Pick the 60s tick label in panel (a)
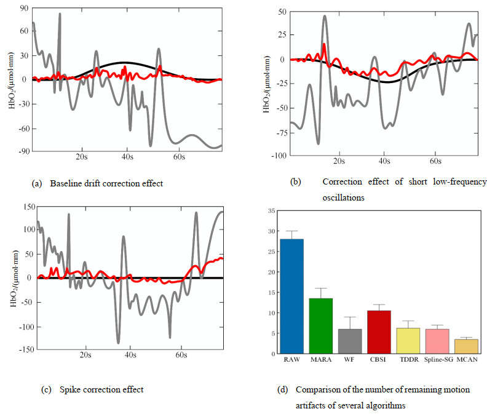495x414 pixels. click(x=178, y=158)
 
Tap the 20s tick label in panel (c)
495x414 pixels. click(x=85, y=356)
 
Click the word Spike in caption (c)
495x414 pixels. click(x=71, y=389)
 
